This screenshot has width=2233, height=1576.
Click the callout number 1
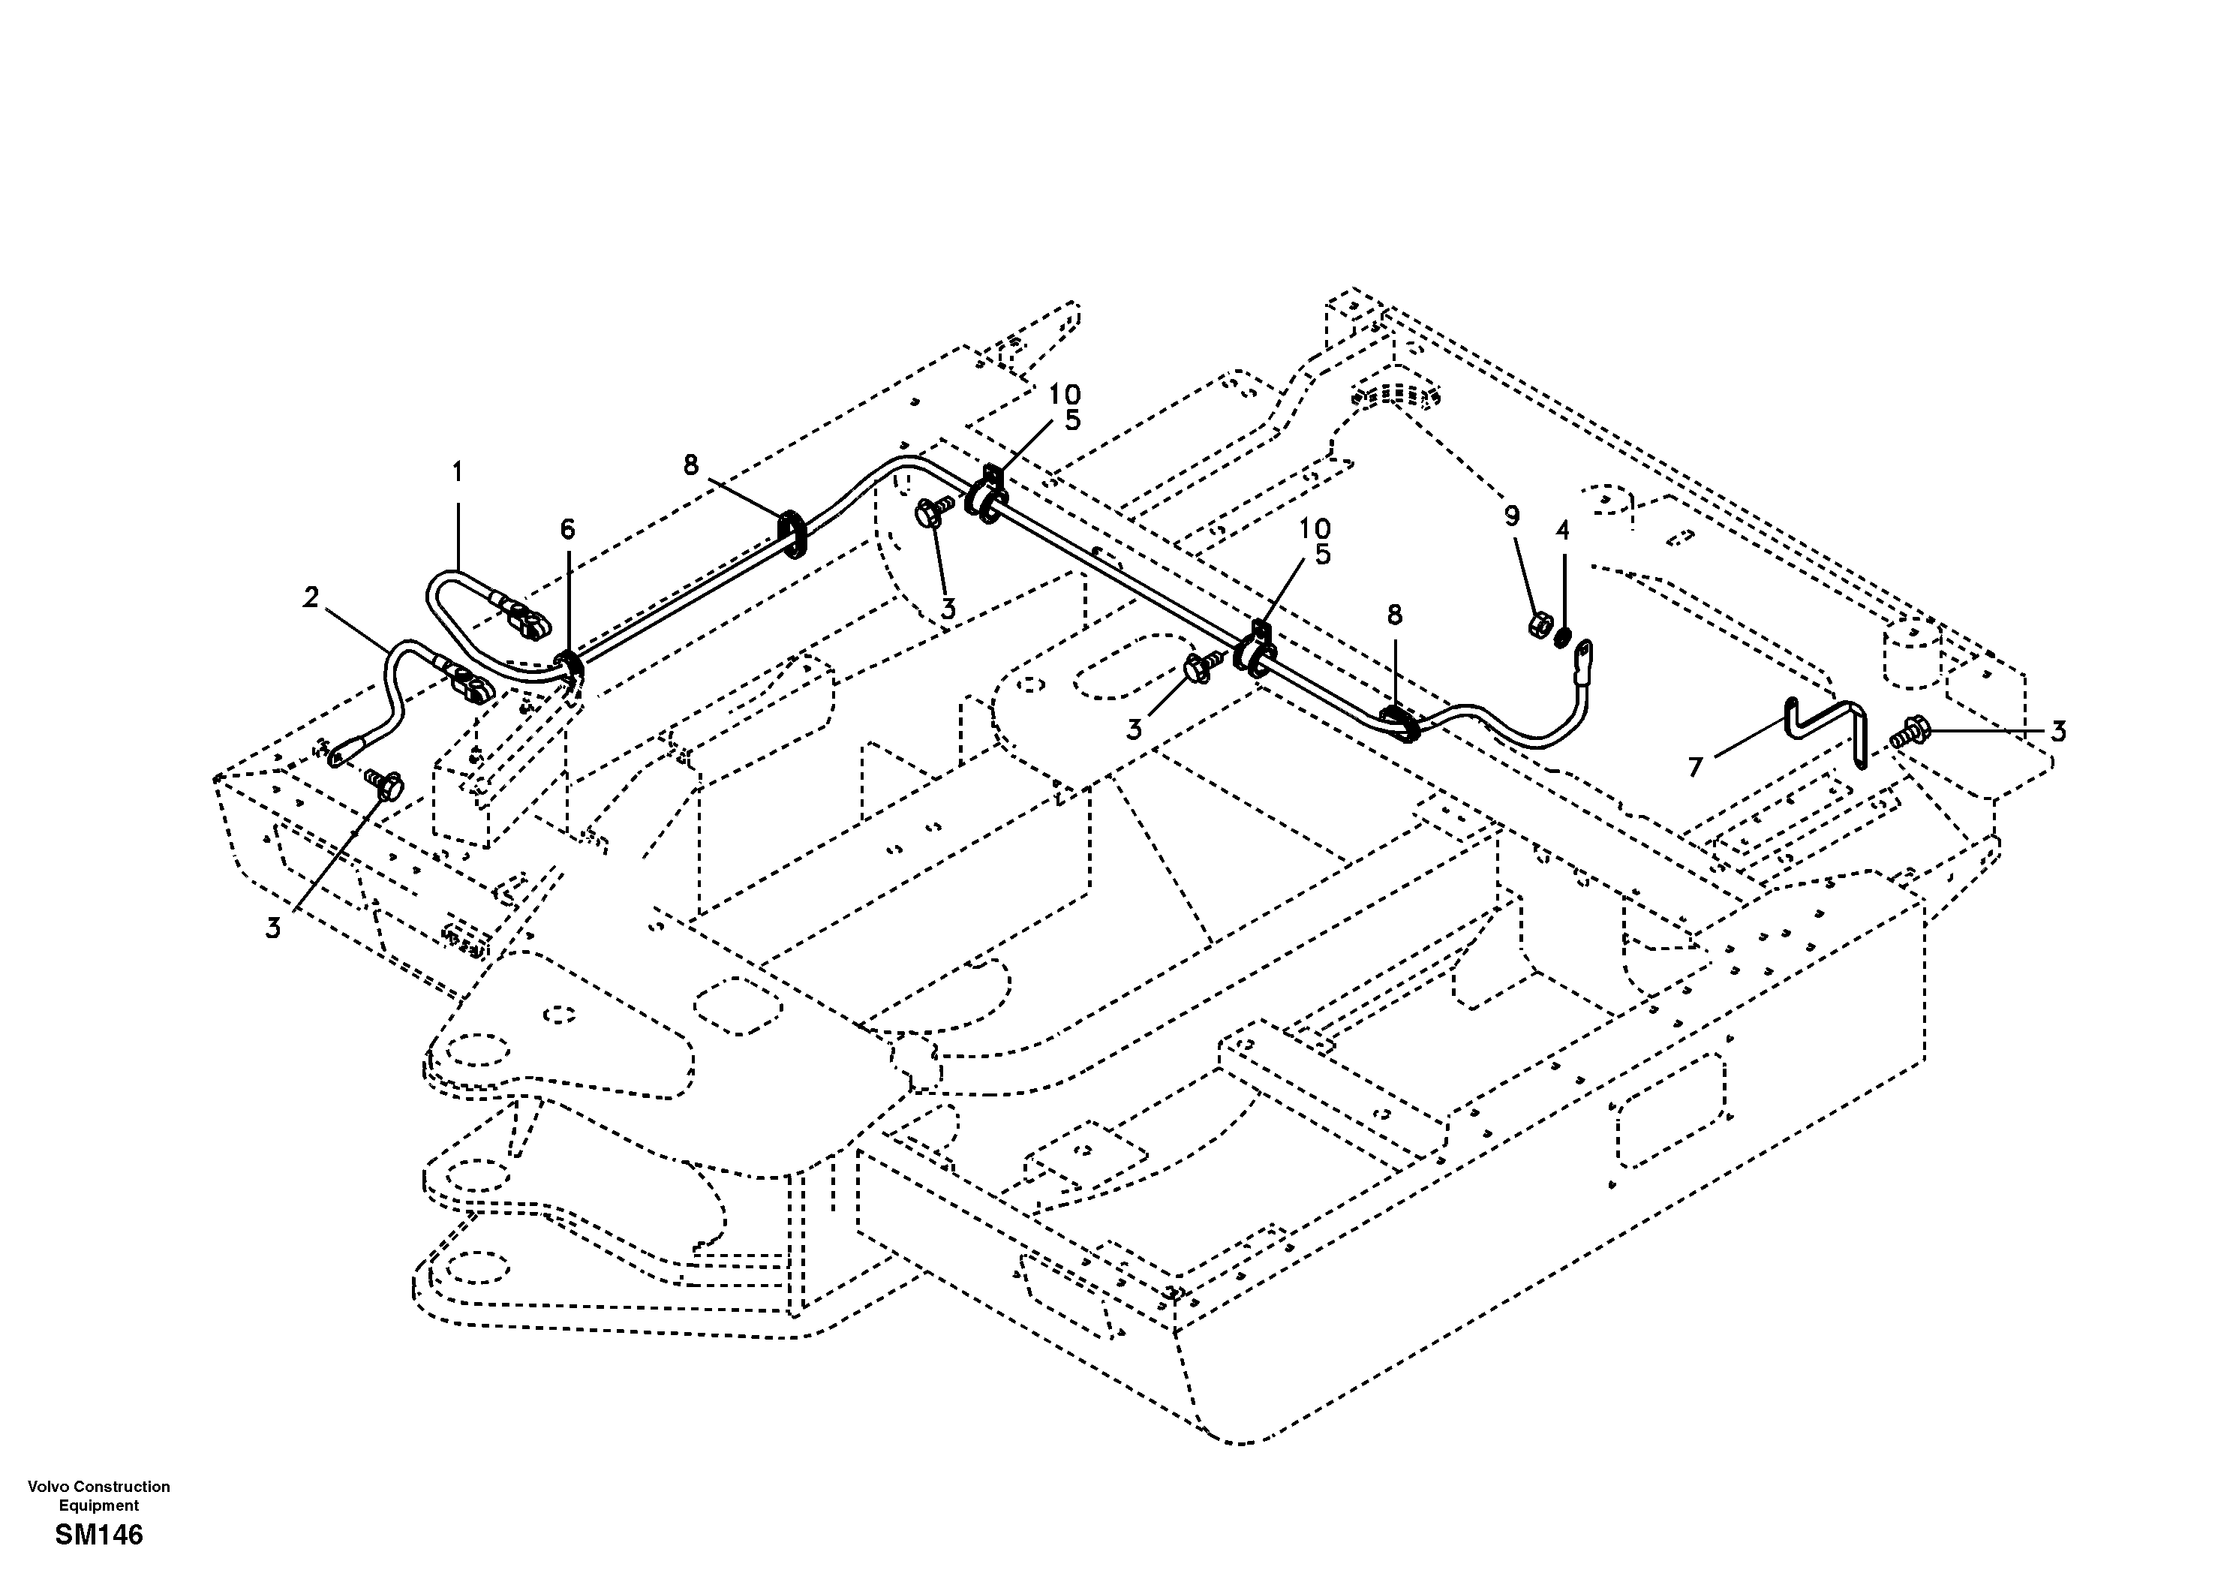pyautogui.click(x=456, y=473)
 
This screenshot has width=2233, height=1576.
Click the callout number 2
pyautogui.click(x=310, y=598)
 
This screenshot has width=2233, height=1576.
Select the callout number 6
pyautogui.click(x=567, y=529)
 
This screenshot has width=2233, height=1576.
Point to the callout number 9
pyautogui.click(x=1511, y=516)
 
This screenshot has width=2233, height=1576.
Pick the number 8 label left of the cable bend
pyautogui.click(x=690, y=465)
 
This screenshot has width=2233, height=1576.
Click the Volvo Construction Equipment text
pyautogui.click(x=98, y=1495)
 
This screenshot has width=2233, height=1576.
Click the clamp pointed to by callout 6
pyautogui.click(x=572, y=667)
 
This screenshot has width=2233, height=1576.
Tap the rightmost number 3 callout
pyautogui.click(x=2058, y=731)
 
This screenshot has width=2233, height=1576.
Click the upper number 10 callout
pyautogui.click(x=1064, y=395)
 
